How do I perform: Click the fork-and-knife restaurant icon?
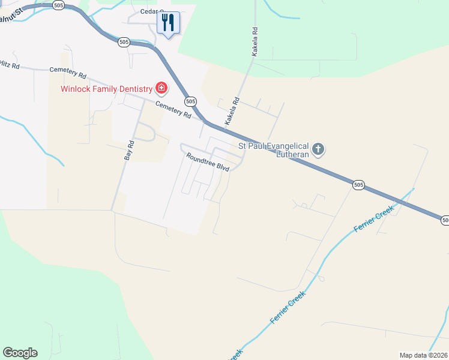168,23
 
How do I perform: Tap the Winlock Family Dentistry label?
106,89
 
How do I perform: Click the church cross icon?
318,149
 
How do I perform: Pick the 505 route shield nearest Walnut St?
58,5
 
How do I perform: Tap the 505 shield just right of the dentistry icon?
190,101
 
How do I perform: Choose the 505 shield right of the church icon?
358,185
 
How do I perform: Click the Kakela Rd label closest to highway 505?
232,112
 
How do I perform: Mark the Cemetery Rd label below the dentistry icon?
173,109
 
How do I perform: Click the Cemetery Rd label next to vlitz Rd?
68,73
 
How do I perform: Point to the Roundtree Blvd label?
208,162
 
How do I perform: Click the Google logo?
20,353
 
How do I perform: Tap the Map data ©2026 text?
424,355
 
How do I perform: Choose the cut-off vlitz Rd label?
9,65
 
